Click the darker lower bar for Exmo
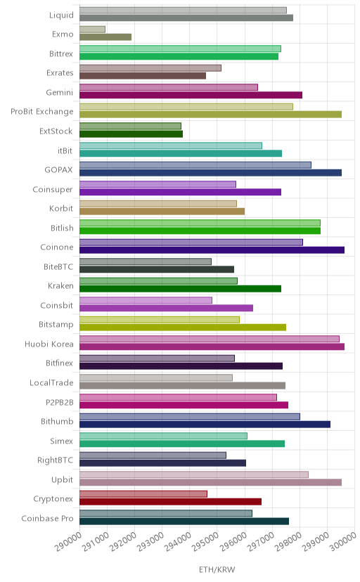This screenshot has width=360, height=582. point(105,37)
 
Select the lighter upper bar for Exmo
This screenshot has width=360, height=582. point(92,30)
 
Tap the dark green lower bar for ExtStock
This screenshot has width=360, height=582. point(131,134)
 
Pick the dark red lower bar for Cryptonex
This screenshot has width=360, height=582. point(170,502)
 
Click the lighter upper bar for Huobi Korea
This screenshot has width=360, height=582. point(210,339)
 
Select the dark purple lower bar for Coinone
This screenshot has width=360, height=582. point(212,250)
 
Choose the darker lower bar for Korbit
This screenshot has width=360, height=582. point(162,212)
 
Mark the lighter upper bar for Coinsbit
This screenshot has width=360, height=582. point(146,300)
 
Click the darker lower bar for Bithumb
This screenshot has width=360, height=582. point(205,425)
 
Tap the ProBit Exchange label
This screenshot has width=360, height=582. point(42,112)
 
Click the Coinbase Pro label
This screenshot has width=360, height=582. point(48,518)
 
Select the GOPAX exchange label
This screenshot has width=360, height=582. point(58,170)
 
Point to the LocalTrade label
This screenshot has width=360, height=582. point(51,382)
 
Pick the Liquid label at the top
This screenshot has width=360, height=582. point(62,15)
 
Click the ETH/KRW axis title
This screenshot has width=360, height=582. point(217,570)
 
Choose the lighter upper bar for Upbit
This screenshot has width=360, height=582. point(194,474)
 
